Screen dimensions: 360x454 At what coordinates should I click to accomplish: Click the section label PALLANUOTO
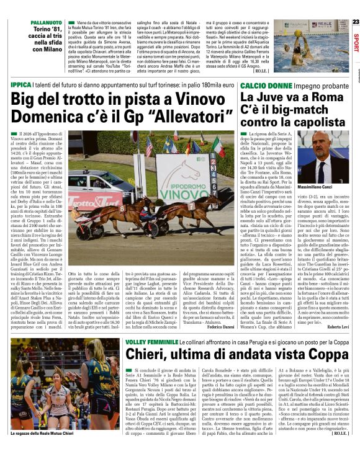(x=24, y=22)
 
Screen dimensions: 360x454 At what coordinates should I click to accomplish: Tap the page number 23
(x=355, y=22)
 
